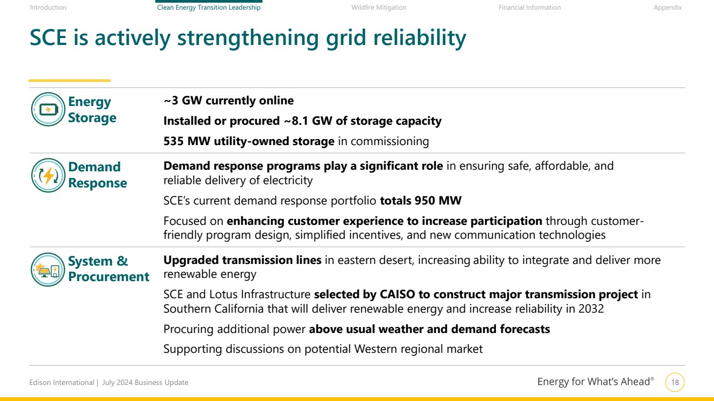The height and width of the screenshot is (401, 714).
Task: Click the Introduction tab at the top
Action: (48, 7)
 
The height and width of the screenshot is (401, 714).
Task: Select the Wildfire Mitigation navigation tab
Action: (379, 7)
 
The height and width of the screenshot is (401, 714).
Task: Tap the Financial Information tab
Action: (529, 7)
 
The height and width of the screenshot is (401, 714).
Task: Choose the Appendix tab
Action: (667, 7)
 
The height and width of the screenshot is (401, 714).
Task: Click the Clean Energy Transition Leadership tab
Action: (209, 7)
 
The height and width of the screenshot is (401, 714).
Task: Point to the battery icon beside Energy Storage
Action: (48, 109)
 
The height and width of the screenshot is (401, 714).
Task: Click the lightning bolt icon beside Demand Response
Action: (48, 175)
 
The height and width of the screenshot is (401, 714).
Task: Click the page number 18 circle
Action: (675, 382)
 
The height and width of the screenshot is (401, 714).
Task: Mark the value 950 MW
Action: (438, 200)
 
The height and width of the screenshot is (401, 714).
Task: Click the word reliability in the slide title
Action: (419, 38)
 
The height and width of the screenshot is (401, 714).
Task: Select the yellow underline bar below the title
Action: (70, 81)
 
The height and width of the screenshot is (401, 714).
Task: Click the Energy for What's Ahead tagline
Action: (596, 382)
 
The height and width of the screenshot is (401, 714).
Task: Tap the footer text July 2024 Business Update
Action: (145, 382)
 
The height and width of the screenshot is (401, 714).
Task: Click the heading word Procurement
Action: (109, 277)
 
